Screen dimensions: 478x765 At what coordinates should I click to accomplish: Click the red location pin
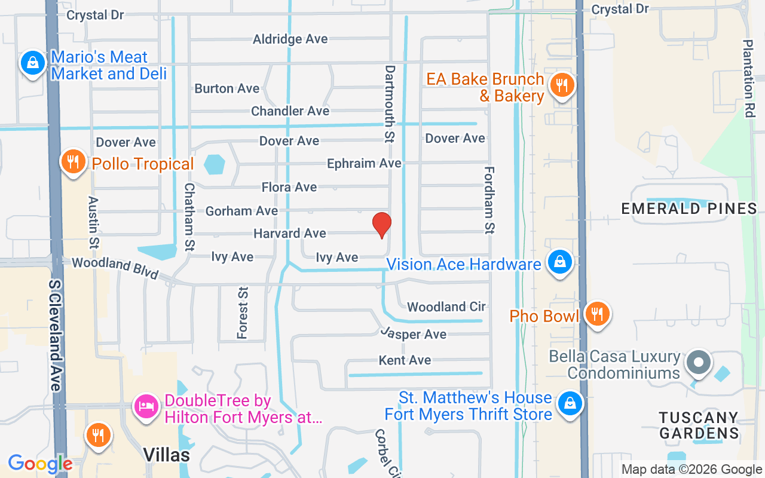(382, 225)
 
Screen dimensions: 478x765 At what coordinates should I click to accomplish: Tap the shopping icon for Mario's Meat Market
(33, 63)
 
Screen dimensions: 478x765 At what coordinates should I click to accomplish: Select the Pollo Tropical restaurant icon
(73, 161)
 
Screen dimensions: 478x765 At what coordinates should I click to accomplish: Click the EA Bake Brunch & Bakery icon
(562, 85)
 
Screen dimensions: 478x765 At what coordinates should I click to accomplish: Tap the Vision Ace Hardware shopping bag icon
(559, 262)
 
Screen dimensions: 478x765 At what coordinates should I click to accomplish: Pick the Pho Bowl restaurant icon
(596, 313)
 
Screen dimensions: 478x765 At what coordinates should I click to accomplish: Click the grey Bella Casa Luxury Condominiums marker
(698, 362)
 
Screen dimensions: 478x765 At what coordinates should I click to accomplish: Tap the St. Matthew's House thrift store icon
(570, 404)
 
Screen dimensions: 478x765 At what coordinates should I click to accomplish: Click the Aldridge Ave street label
(290, 39)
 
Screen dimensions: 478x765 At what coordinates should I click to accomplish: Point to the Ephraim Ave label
(364, 163)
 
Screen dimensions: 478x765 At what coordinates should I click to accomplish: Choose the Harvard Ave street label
(290, 233)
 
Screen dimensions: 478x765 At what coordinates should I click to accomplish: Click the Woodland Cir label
(446, 307)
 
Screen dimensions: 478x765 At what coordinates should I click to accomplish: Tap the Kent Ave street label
(405, 360)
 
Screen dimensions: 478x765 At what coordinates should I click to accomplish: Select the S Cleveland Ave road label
(56, 335)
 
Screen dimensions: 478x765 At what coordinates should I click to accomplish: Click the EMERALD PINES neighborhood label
(689, 209)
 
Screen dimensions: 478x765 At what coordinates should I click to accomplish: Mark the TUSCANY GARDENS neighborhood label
(699, 425)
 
